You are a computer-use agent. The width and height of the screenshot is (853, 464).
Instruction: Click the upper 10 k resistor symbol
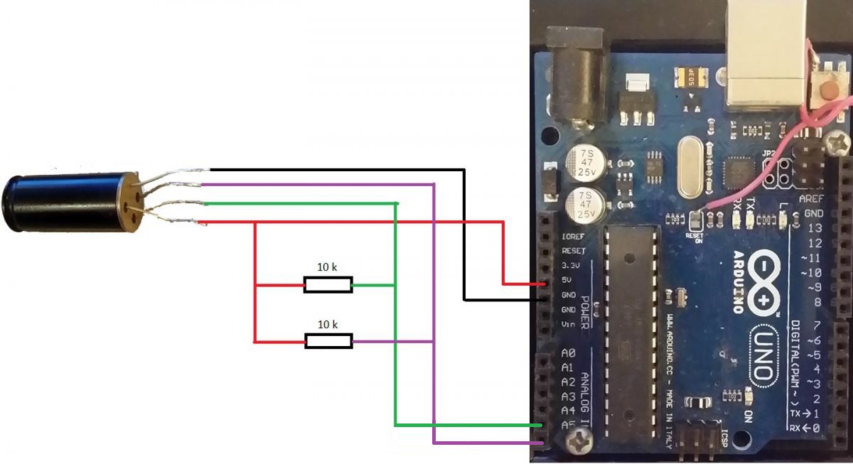tap(328, 286)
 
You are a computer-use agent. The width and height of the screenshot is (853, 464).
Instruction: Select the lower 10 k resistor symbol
tap(328, 342)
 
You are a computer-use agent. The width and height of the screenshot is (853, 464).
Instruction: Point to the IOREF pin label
tap(573, 237)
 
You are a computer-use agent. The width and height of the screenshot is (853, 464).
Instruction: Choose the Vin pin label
tap(568, 324)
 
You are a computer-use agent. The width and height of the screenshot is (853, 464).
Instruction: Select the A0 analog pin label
tap(568, 353)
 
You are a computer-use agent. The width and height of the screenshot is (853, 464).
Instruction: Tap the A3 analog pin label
tap(568, 396)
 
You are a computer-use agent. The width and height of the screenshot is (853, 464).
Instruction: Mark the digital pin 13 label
tap(815, 228)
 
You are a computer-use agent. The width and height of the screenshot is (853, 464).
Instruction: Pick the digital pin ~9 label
tap(814, 287)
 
